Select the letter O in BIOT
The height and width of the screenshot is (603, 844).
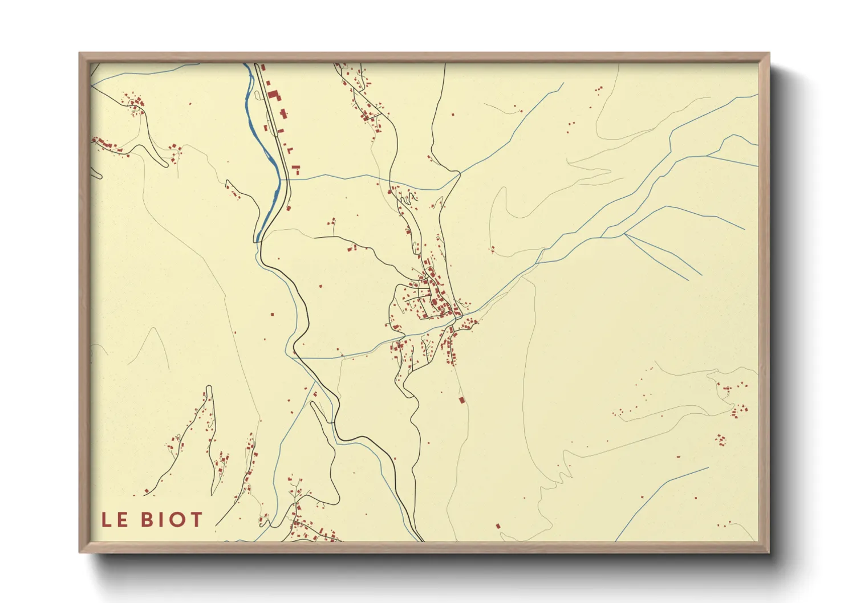click(176, 520)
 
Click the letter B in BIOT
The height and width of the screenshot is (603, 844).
click(147, 520)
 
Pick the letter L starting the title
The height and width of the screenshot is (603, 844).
click(107, 520)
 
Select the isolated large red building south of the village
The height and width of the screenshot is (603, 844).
click(462, 400)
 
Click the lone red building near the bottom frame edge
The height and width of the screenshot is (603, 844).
click(498, 526)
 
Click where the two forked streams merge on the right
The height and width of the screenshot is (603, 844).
click(625, 233)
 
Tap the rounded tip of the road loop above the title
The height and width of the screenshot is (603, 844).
click(209, 388)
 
